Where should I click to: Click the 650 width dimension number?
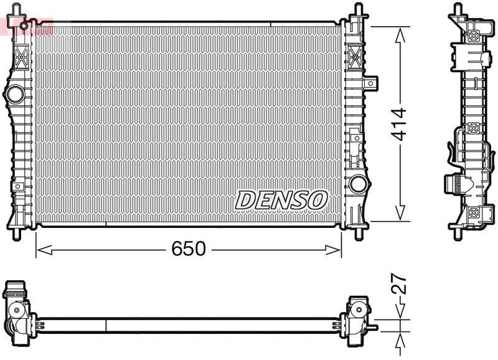click(x=188, y=249)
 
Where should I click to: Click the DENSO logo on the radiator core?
click(x=281, y=200)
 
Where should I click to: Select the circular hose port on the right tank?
click(x=358, y=184)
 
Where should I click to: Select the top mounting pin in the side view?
click(x=459, y=9)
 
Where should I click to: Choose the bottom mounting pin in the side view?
click(x=459, y=234)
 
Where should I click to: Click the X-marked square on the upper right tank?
click(x=357, y=54)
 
